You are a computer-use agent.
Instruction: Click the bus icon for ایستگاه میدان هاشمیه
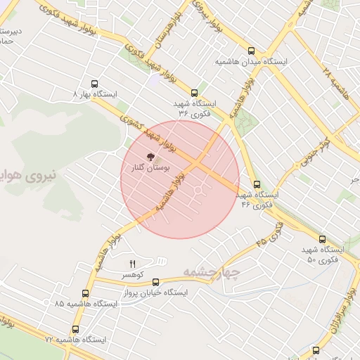252,51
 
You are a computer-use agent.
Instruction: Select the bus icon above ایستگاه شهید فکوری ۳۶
194,92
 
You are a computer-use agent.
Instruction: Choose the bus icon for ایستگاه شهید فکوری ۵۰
322,239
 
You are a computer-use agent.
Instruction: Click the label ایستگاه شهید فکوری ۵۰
323,255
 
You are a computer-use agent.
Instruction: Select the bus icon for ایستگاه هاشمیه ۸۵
85,292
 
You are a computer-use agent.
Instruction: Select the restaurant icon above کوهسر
132,263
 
